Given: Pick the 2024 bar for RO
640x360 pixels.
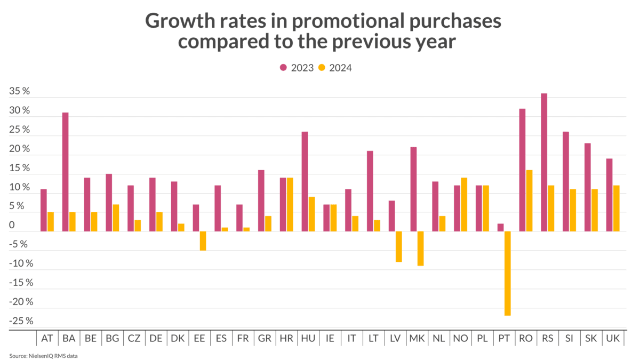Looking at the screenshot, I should [x=529, y=201].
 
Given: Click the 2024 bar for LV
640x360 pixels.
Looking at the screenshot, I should [x=398, y=246].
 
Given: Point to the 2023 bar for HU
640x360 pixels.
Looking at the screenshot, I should [x=305, y=181].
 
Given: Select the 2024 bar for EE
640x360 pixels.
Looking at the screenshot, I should [x=203, y=241].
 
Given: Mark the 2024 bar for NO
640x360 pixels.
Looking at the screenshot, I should [x=463, y=204].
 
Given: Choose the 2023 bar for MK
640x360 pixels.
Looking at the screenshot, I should [x=413, y=189].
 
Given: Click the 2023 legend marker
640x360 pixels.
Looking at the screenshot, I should [x=283, y=68].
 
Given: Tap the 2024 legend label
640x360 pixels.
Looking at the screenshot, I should [x=340, y=68].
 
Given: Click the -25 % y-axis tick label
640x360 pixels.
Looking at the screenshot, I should [x=21, y=321].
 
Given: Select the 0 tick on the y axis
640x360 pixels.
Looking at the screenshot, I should [x=12, y=226].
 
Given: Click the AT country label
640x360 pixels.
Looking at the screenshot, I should [x=47, y=338].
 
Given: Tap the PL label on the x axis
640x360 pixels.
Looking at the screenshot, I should [x=482, y=338].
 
